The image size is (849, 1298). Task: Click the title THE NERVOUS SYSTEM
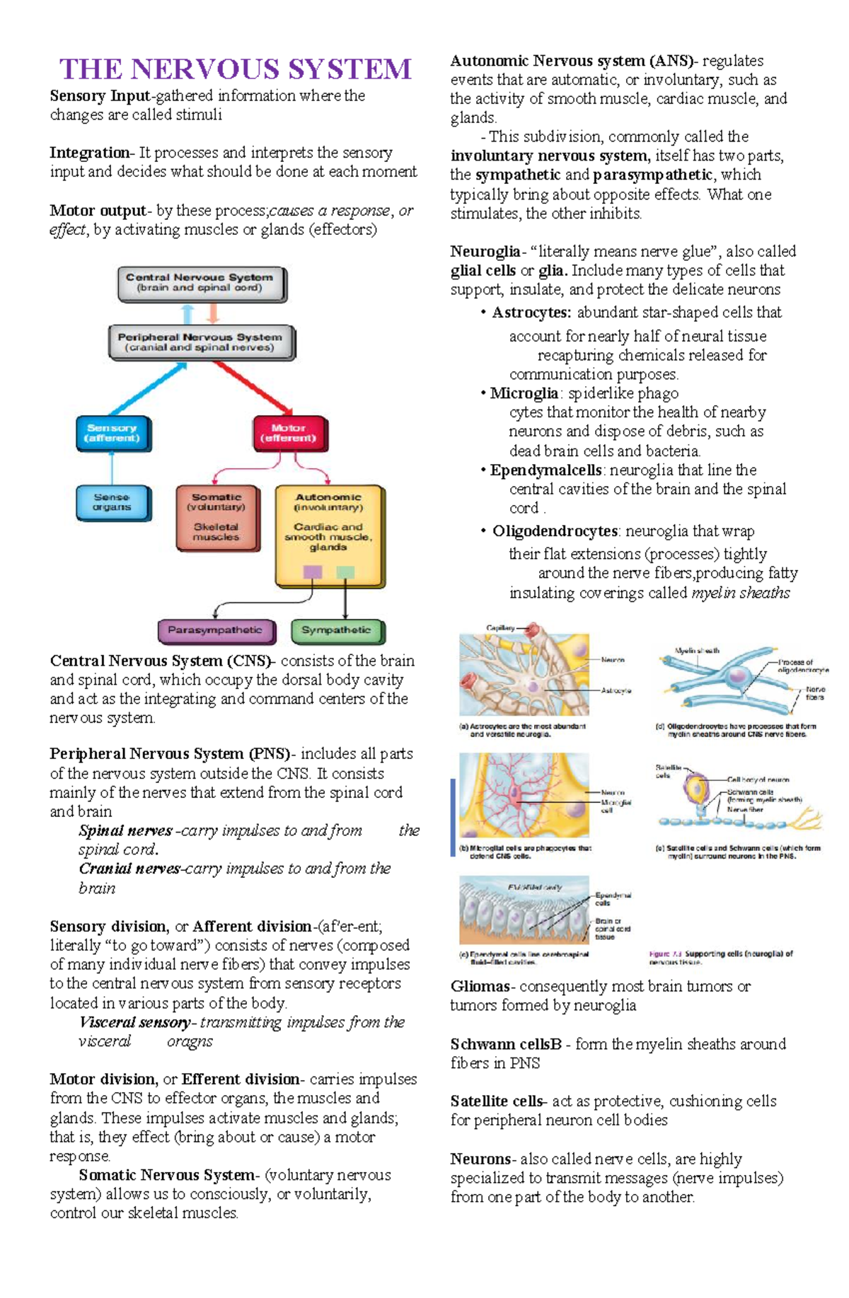click(x=235, y=69)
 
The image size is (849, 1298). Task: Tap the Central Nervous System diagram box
click(x=202, y=283)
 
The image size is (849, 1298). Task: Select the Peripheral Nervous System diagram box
click(x=202, y=342)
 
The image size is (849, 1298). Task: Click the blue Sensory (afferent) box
click(x=113, y=433)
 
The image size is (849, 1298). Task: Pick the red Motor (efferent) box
click(x=289, y=433)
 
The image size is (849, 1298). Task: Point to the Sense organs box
click(x=113, y=502)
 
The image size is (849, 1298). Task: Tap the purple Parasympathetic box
click(x=215, y=630)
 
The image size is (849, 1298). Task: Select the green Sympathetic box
click(x=337, y=630)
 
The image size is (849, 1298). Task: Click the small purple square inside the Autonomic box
click(x=312, y=572)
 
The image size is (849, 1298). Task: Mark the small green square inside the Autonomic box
click(x=345, y=572)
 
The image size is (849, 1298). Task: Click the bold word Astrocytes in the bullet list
click(x=531, y=313)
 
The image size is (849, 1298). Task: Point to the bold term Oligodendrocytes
click(x=555, y=531)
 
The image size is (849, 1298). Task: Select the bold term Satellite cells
click(x=497, y=1101)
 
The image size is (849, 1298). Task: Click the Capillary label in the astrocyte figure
click(x=500, y=627)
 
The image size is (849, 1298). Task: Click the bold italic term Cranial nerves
click(x=129, y=869)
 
